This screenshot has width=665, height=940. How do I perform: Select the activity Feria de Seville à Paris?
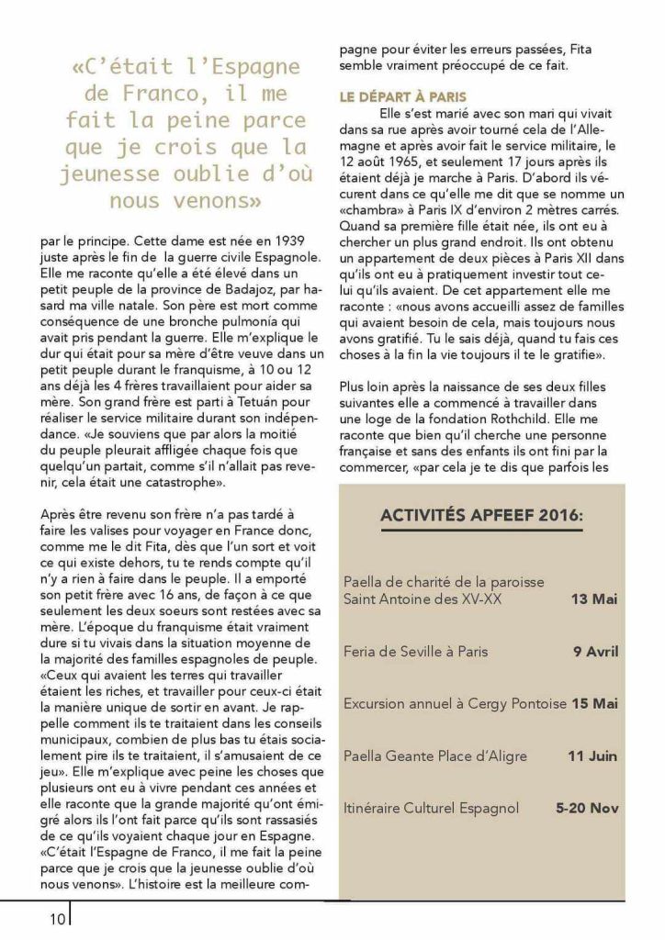[415, 652]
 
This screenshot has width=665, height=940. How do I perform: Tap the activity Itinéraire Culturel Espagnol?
[431, 809]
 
